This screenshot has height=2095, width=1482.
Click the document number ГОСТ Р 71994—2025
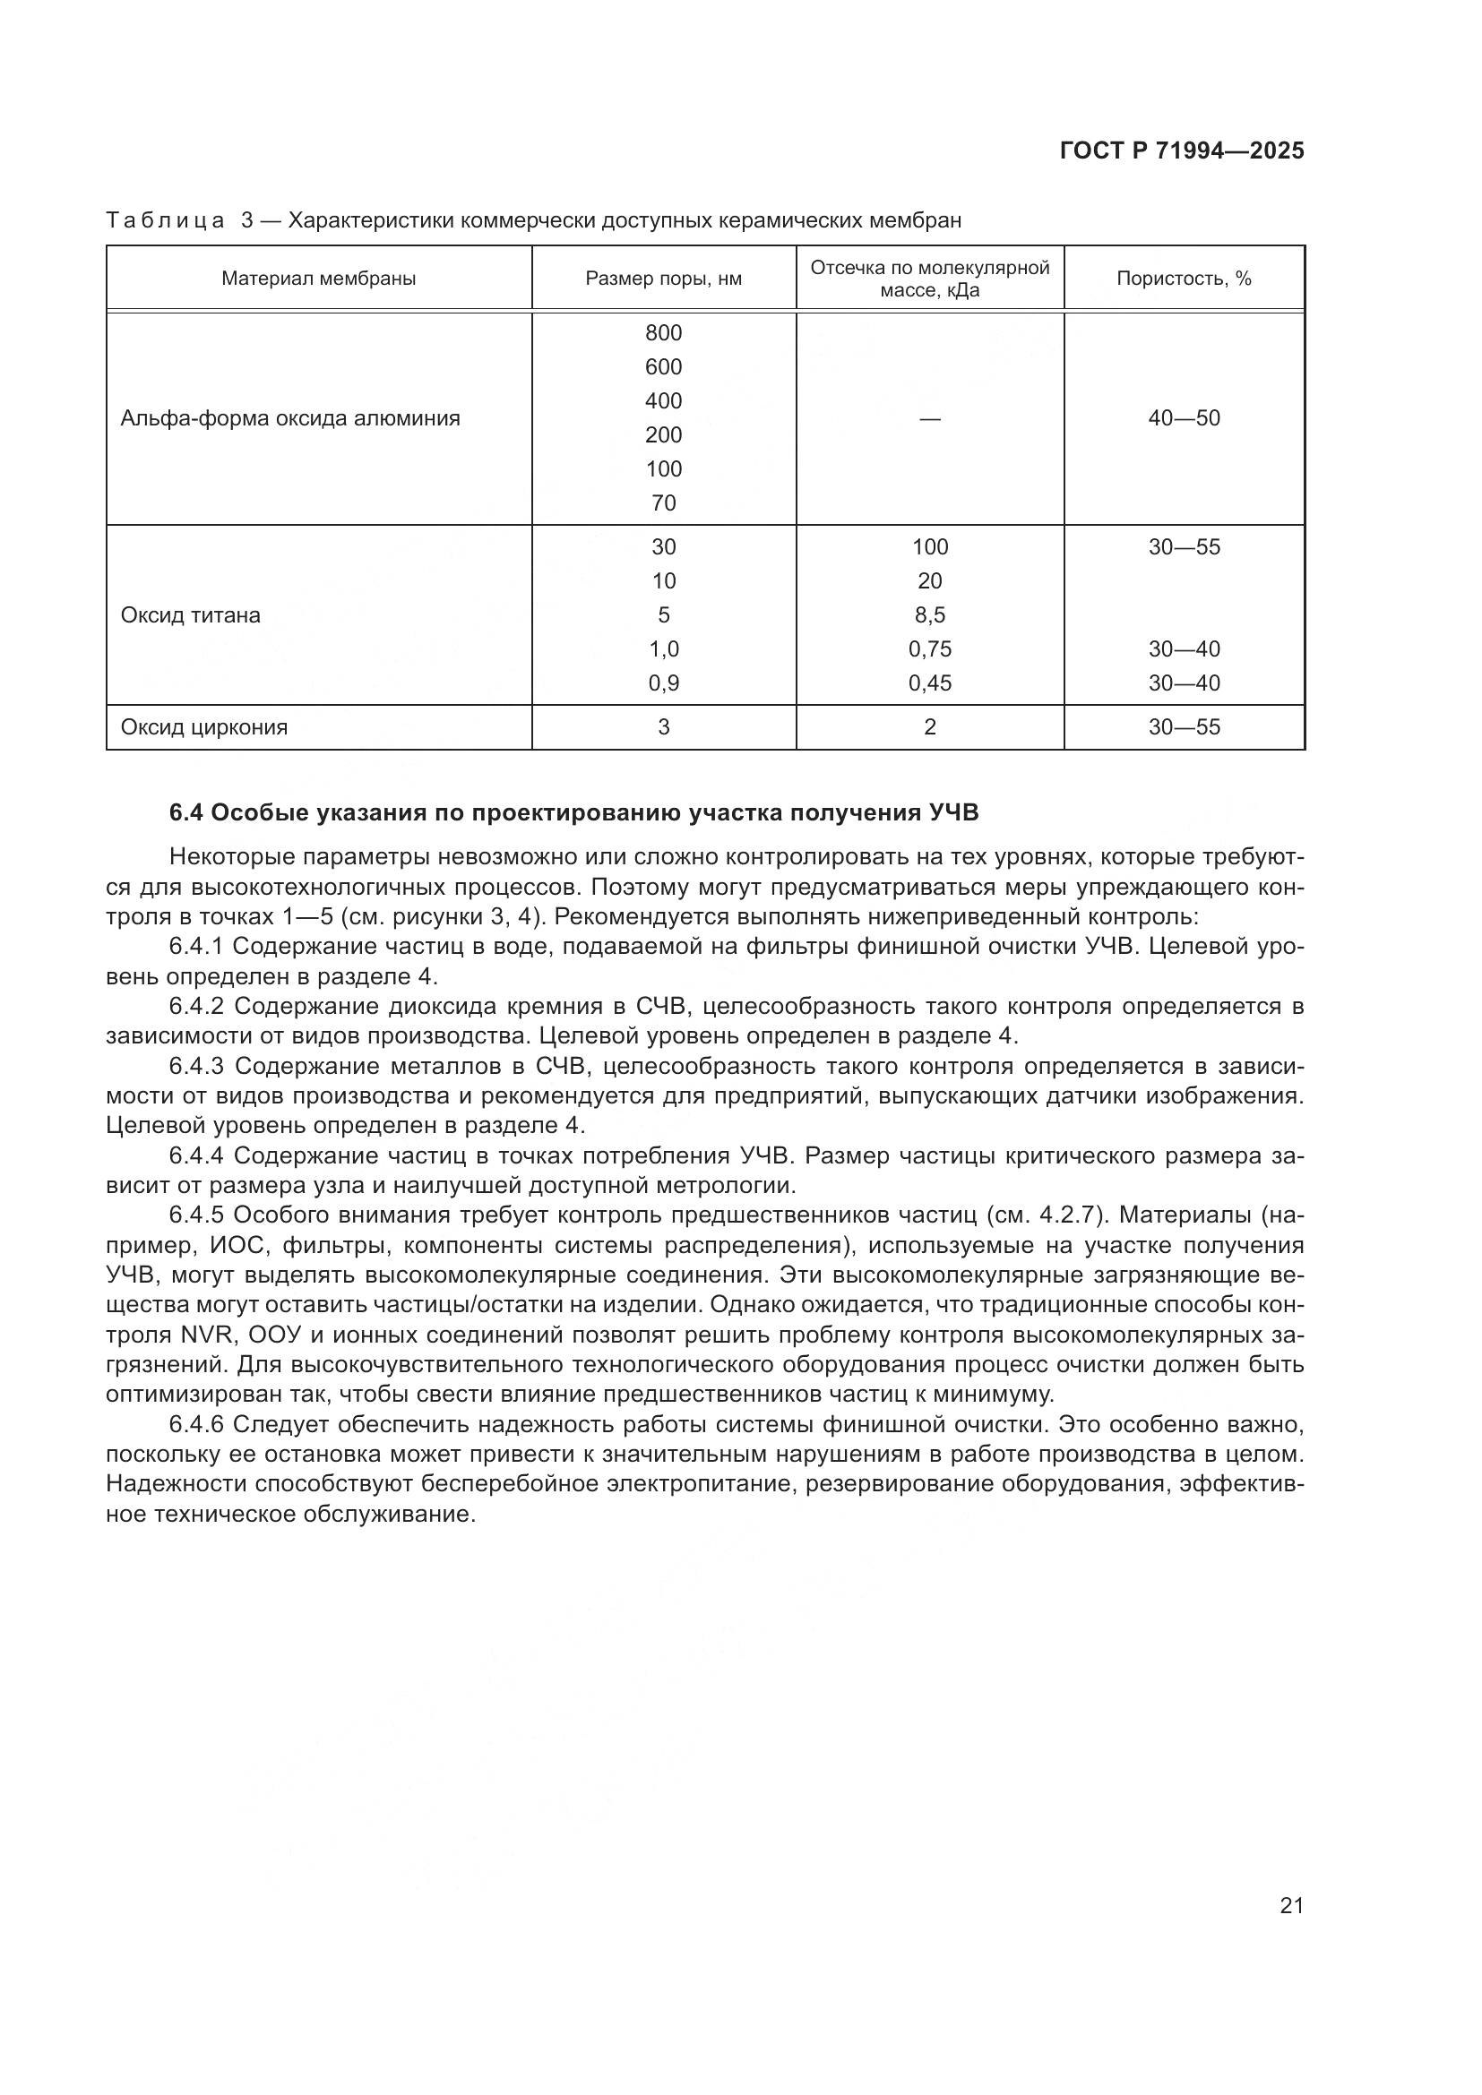(x=1182, y=151)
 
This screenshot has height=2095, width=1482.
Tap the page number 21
(x=1291, y=1905)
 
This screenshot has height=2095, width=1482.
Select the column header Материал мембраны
(x=318, y=279)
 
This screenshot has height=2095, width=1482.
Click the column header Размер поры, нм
(x=663, y=279)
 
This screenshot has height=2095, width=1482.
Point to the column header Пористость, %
(x=1184, y=279)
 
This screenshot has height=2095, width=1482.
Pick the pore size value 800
(x=663, y=333)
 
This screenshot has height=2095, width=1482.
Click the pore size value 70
(x=663, y=503)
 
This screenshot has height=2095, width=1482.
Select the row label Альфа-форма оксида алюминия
(x=290, y=419)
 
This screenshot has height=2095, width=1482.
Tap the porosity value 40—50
(x=1184, y=419)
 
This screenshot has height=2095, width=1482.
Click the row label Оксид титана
(x=190, y=616)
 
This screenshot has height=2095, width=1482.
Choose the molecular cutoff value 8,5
(x=930, y=616)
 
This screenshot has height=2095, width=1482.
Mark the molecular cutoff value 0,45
(x=930, y=683)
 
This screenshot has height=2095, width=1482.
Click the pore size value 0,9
(x=663, y=683)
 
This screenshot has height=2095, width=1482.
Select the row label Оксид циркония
(x=203, y=728)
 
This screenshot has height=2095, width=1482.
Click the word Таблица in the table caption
(x=165, y=221)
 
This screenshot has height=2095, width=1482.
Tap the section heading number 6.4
(x=189, y=813)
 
